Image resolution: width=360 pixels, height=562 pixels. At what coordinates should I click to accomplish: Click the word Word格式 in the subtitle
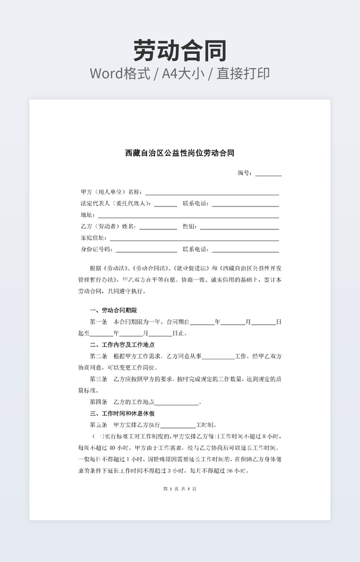(x=119, y=73)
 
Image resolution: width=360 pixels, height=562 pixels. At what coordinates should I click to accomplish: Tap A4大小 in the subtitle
(x=184, y=73)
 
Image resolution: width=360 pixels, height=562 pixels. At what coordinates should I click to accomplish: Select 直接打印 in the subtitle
(x=246, y=73)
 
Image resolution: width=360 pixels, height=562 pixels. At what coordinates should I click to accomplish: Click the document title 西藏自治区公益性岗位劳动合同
(x=179, y=153)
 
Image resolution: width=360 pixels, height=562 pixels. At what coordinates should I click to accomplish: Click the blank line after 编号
(x=268, y=173)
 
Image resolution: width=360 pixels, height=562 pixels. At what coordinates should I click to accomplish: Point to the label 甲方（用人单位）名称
(x=111, y=192)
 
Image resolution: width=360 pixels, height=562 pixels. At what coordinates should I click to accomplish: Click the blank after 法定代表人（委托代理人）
(x=166, y=204)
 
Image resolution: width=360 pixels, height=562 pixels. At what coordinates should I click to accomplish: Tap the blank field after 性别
(x=239, y=227)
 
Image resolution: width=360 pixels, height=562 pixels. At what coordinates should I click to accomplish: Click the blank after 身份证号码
(x=146, y=250)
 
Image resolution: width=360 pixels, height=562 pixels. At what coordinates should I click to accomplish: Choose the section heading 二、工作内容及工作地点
(x=122, y=345)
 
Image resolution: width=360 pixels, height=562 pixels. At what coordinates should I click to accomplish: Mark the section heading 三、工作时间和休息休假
(x=122, y=414)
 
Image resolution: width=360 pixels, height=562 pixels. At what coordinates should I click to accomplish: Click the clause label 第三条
(x=99, y=379)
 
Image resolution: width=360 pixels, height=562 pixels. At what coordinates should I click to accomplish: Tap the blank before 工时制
(x=178, y=425)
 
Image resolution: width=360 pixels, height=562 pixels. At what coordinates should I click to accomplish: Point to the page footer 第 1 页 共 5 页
(x=179, y=489)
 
